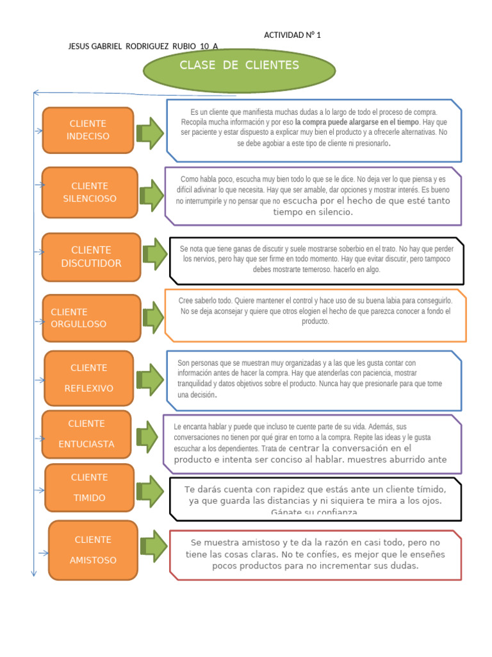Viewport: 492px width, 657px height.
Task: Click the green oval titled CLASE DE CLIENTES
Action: [x=239, y=70]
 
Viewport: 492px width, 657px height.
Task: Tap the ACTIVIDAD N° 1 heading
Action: [x=292, y=35]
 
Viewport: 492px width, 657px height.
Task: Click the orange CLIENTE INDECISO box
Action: [x=88, y=130]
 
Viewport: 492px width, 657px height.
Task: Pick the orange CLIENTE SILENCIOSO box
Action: [x=90, y=192]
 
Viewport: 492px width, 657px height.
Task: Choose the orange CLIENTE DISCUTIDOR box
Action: [x=91, y=257]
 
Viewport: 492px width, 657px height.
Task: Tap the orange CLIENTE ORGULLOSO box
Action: [x=91, y=318]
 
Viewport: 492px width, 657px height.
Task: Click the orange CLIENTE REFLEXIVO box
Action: [x=89, y=379]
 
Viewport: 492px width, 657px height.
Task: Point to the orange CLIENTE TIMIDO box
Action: [x=89, y=488]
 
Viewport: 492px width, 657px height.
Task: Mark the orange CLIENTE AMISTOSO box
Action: [x=93, y=550]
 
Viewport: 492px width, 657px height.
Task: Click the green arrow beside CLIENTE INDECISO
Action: [x=151, y=133]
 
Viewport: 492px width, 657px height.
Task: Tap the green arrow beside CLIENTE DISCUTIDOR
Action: [x=154, y=254]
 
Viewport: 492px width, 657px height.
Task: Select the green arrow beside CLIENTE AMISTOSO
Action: [x=154, y=546]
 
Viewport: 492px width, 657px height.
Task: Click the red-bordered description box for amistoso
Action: [x=315, y=554]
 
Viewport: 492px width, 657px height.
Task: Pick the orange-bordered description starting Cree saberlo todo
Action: [x=315, y=315]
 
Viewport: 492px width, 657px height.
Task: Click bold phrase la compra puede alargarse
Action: [x=357, y=122]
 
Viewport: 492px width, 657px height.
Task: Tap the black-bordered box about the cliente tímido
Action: [x=315, y=499]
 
